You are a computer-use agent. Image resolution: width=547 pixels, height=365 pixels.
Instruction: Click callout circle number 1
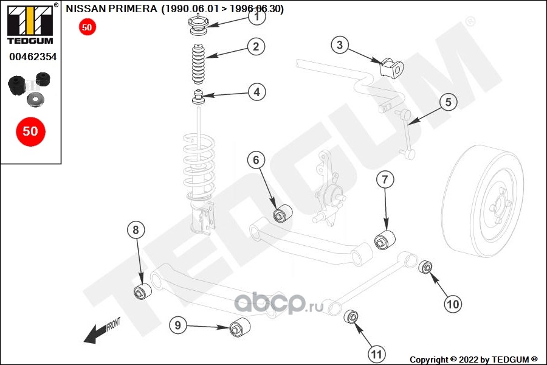(x=256, y=17)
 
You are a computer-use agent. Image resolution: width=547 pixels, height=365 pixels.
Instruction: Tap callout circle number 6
(x=256, y=160)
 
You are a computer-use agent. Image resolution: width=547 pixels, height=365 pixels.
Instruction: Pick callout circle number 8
(x=136, y=230)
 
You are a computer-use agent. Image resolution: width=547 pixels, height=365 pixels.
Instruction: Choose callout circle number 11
(x=376, y=353)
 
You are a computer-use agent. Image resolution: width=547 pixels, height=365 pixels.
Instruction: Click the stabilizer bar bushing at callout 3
(x=391, y=68)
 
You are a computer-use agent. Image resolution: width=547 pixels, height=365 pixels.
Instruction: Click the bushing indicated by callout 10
(x=427, y=266)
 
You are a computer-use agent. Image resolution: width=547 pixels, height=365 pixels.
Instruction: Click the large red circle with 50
(x=30, y=131)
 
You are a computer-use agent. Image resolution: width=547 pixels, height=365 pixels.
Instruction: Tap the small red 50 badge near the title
(x=87, y=27)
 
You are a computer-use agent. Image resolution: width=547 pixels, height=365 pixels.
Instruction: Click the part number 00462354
(x=33, y=57)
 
